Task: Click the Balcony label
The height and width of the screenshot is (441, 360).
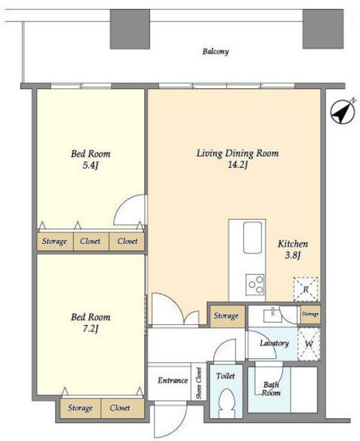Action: [x=215, y=52]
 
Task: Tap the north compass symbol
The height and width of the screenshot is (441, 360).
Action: [x=343, y=112]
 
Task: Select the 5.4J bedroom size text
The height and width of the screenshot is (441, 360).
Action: [x=90, y=165]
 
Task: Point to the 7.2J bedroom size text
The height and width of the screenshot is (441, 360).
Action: [x=90, y=329]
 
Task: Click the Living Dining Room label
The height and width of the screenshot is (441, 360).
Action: [x=237, y=154]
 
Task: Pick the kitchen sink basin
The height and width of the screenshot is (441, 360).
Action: [x=252, y=237]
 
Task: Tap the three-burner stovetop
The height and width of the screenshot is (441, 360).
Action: [x=255, y=285]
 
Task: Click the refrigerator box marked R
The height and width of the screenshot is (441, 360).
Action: [x=306, y=289]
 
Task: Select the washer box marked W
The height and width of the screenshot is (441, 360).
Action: [x=309, y=344]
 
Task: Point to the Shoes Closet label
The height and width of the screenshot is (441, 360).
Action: [x=199, y=383]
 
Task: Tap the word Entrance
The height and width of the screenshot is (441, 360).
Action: [x=172, y=380]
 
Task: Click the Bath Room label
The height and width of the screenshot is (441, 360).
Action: [x=271, y=389]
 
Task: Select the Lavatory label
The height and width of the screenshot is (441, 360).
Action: [x=274, y=343]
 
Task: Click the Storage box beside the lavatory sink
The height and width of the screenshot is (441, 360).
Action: [x=228, y=316]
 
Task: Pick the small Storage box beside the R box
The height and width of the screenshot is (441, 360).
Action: [x=310, y=314]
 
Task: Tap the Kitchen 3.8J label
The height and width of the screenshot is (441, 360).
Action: [x=292, y=249]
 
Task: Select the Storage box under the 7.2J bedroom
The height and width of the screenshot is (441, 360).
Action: [x=80, y=408]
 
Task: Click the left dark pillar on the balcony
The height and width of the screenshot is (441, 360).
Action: [x=130, y=29]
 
